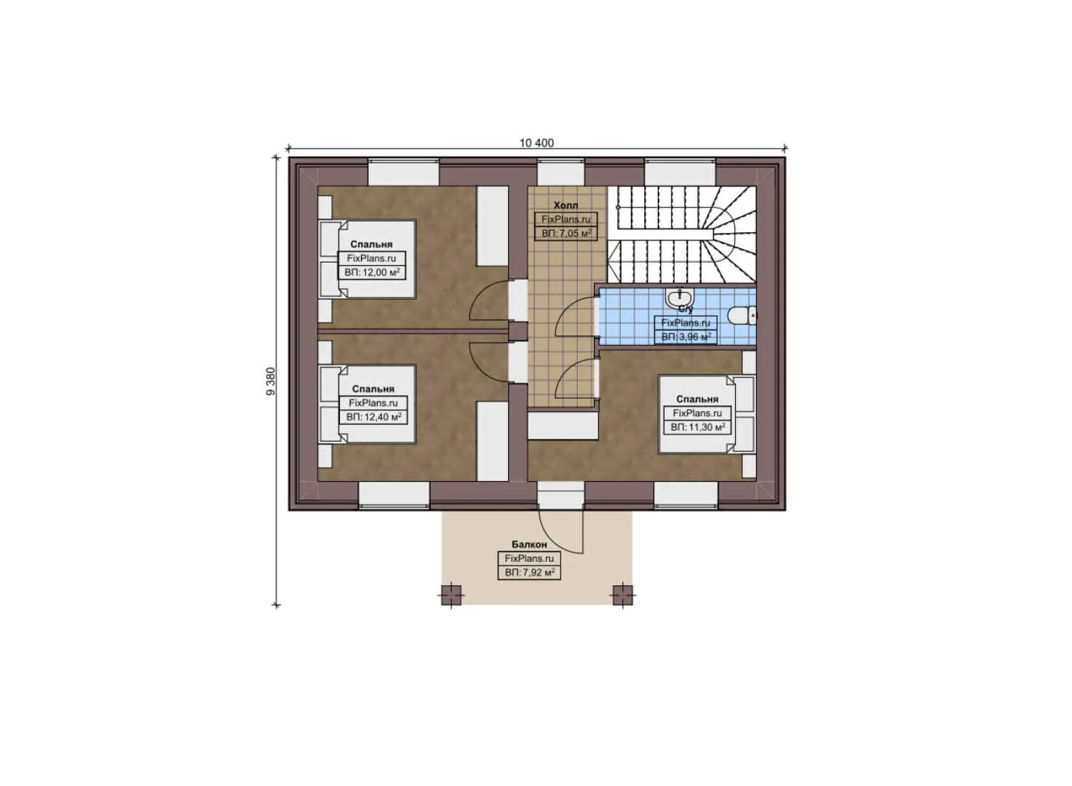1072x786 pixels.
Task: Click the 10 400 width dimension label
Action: point(536,143)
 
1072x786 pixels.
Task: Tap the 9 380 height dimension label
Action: point(271,381)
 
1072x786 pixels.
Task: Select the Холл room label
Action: point(565,205)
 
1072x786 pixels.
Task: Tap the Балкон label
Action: point(529,544)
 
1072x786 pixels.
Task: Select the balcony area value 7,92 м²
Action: point(536,573)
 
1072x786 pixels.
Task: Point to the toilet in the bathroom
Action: point(742,316)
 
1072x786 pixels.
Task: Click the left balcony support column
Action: point(450,595)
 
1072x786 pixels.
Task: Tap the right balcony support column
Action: point(623,595)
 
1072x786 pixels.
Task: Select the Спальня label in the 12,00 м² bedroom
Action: point(371,244)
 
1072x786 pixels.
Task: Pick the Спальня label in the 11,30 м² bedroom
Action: point(697,399)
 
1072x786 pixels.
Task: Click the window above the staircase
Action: point(680,171)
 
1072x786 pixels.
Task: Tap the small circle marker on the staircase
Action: point(618,207)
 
